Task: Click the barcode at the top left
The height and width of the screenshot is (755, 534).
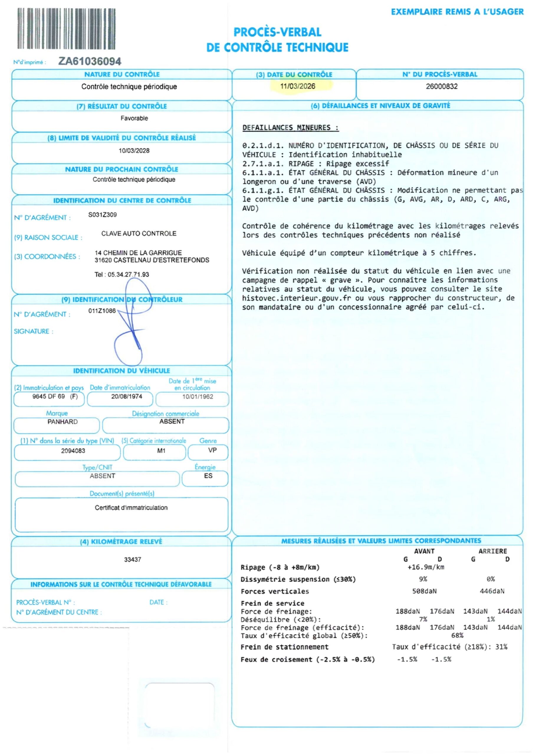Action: [x=66, y=29]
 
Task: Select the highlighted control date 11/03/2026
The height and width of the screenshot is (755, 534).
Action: [x=298, y=86]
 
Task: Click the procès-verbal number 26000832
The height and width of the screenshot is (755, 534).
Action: [x=442, y=86]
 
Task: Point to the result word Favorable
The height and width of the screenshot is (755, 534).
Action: [x=134, y=118]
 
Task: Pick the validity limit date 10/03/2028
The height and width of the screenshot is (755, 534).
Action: [x=134, y=151]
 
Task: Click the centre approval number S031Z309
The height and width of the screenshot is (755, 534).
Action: [x=102, y=215]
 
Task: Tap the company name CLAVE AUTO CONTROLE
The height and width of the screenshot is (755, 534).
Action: [x=139, y=234]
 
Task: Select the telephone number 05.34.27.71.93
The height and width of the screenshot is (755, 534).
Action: [x=128, y=275]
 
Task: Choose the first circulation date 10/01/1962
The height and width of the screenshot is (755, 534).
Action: [x=198, y=397]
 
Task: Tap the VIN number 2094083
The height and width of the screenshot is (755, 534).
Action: [x=73, y=451]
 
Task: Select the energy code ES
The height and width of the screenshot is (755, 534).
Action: [x=208, y=476]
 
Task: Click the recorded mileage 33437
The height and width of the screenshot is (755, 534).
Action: [x=132, y=560]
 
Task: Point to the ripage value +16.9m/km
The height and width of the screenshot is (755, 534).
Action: [x=426, y=567]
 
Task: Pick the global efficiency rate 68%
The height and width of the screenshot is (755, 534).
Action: [x=457, y=636]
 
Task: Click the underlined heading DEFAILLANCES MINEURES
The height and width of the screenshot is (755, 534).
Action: [x=290, y=128]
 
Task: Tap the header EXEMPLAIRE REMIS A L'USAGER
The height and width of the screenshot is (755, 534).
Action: [x=457, y=12]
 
